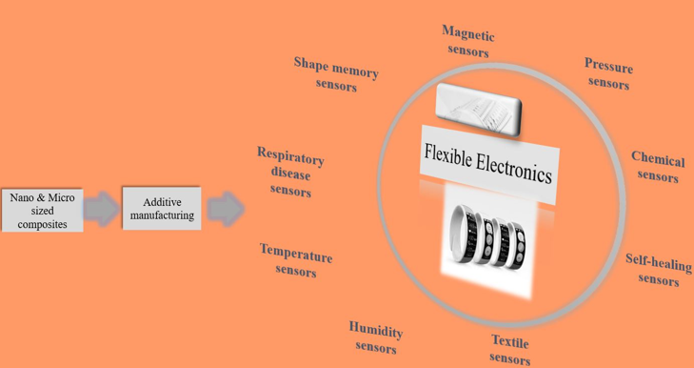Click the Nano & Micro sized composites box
pos(42,210)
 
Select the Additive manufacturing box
pos(162,209)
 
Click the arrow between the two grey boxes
pos(102,209)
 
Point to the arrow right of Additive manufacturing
pos(226,209)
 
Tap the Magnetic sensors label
pos(467,41)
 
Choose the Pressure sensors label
pos(608,73)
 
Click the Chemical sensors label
pos(658,167)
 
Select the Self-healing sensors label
pos(659,270)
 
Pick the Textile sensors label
pos(510,350)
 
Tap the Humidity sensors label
pos(376,337)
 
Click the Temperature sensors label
pos(296,260)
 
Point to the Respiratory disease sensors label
pos(290,172)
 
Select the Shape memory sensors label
pos(336,74)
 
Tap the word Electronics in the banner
pos(514,168)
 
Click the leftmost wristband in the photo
pos(461,233)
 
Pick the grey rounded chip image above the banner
pos(478,110)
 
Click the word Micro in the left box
pos(62,197)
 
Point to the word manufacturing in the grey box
pos(162,215)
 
